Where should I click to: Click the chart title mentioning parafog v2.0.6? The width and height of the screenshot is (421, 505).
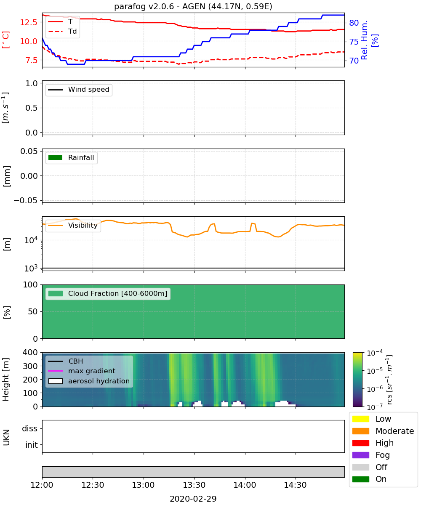[193, 6]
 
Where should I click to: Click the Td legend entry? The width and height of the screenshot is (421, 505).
[62, 31]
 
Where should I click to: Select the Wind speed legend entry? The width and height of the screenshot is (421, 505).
[79, 90]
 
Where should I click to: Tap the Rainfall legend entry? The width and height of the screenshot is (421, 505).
[71, 157]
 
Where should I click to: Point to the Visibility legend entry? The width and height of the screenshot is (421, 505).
[72, 225]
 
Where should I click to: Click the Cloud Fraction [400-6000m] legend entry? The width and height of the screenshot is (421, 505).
[108, 293]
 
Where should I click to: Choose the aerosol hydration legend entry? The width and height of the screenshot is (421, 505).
[89, 381]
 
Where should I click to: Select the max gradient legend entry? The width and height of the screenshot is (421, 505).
[82, 371]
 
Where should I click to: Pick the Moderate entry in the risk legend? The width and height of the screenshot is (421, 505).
[383, 431]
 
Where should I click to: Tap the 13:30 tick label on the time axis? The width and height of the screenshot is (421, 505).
[194, 485]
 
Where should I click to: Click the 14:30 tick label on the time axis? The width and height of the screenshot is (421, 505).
[295, 485]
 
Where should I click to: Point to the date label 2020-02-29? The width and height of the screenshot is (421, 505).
[193, 499]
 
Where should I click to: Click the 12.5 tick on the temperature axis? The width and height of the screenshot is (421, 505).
[29, 22]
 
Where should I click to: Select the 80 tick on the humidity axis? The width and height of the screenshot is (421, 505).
[354, 23]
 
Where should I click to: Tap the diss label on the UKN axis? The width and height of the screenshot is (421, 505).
[29, 428]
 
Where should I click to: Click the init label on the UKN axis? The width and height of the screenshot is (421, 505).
[32, 445]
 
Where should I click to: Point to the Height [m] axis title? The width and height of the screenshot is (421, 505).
[5, 379]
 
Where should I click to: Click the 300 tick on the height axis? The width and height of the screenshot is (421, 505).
[30, 366]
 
